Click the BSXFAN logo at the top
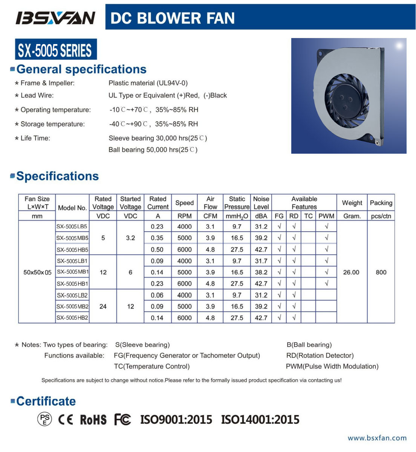click(x=55, y=18)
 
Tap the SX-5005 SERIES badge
click(x=56, y=50)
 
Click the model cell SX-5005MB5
click(x=72, y=238)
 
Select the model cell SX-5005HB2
click(x=72, y=318)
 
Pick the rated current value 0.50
click(x=157, y=250)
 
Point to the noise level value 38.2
click(x=261, y=272)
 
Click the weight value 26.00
click(x=351, y=272)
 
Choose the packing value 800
click(x=381, y=272)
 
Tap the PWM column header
click(x=326, y=216)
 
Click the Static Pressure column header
click(x=237, y=203)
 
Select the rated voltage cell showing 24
click(x=103, y=307)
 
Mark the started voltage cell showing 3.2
click(x=130, y=238)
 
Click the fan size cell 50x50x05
click(x=37, y=272)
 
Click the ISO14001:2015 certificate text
click(x=260, y=420)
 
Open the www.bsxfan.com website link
click(x=377, y=438)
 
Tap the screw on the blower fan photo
click(x=377, y=142)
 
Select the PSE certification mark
click(x=44, y=420)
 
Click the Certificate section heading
click(x=46, y=402)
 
